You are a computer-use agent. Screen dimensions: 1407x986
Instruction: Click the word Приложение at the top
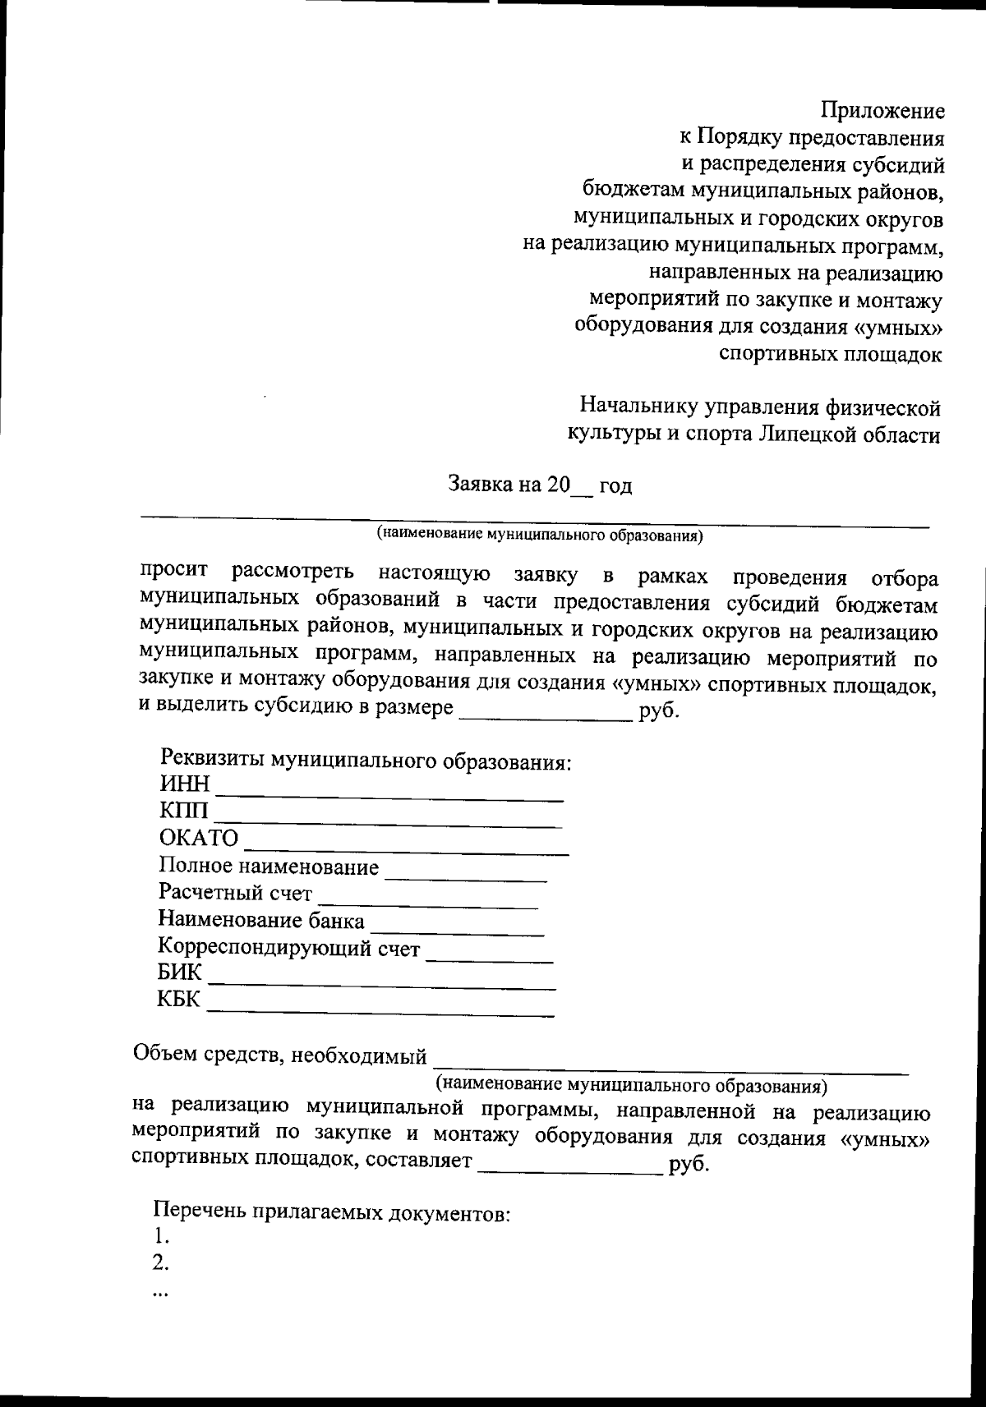882,111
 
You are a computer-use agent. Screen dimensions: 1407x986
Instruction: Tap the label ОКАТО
198,839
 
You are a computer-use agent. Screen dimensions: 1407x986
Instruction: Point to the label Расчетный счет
235,893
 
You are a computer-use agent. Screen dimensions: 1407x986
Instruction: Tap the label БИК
179,973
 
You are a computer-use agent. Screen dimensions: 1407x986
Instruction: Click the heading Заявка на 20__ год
540,485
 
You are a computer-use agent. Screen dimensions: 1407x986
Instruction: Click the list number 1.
160,1235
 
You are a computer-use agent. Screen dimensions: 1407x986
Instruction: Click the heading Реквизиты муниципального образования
365,761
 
